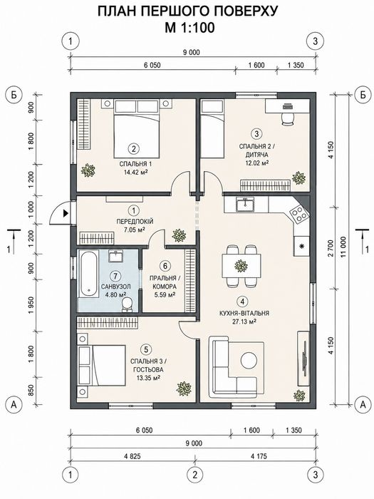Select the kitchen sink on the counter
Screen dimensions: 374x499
point(244,204)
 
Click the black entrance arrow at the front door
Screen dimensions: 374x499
point(66,213)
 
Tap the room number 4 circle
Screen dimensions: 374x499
point(243,301)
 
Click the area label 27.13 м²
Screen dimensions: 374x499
point(244,321)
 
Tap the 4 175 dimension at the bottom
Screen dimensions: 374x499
point(259,456)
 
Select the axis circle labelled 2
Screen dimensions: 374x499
point(195,475)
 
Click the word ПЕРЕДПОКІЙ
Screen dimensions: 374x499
point(135,222)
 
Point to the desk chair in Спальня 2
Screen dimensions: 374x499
point(288,119)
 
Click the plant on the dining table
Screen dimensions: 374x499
point(241,265)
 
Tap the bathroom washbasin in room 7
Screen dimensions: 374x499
point(116,255)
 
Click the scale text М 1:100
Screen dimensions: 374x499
point(189,28)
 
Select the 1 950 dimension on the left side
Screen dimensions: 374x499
point(31,306)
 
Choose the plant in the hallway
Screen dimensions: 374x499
point(179,235)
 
